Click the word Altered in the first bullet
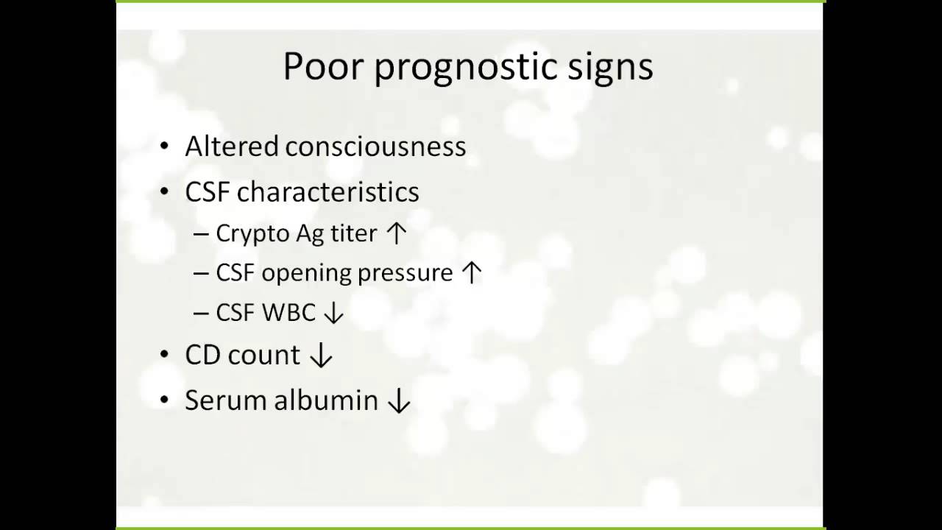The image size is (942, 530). (232, 146)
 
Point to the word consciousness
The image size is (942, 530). (375, 146)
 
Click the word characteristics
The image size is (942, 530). (327, 192)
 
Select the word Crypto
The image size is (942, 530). (252, 234)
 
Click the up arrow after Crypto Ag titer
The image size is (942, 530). (396, 233)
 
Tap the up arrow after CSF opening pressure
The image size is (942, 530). (471, 273)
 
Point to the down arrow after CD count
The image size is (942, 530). (321, 356)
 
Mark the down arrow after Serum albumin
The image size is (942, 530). (398, 401)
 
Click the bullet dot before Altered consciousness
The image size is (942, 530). (165, 147)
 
